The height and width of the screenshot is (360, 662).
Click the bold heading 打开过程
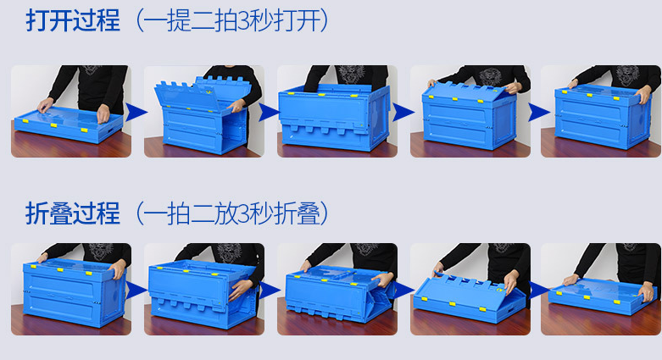click(x=73, y=20)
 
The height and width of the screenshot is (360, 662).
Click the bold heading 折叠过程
click(x=73, y=213)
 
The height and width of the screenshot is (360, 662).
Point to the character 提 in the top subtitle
click(x=179, y=20)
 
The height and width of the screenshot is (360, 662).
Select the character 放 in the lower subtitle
click(x=225, y=213)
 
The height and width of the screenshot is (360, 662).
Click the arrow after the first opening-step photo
click(x=136, y=112)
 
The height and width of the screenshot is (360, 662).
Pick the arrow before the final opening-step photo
click(x=539, y=113)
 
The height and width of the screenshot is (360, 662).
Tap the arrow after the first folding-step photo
click(x=136, y=291)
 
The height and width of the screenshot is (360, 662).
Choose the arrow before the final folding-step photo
click(x=539, y=291)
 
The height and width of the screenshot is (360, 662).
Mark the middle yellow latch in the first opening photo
click(x=53, y=125)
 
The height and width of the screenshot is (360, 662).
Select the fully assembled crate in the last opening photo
click(x=602, y=117)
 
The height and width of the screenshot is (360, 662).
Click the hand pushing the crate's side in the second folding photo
click(x=242, y=289)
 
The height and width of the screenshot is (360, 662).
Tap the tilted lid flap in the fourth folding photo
click(x=469, y=287)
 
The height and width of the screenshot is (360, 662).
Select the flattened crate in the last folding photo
click(x=602, y=296)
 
